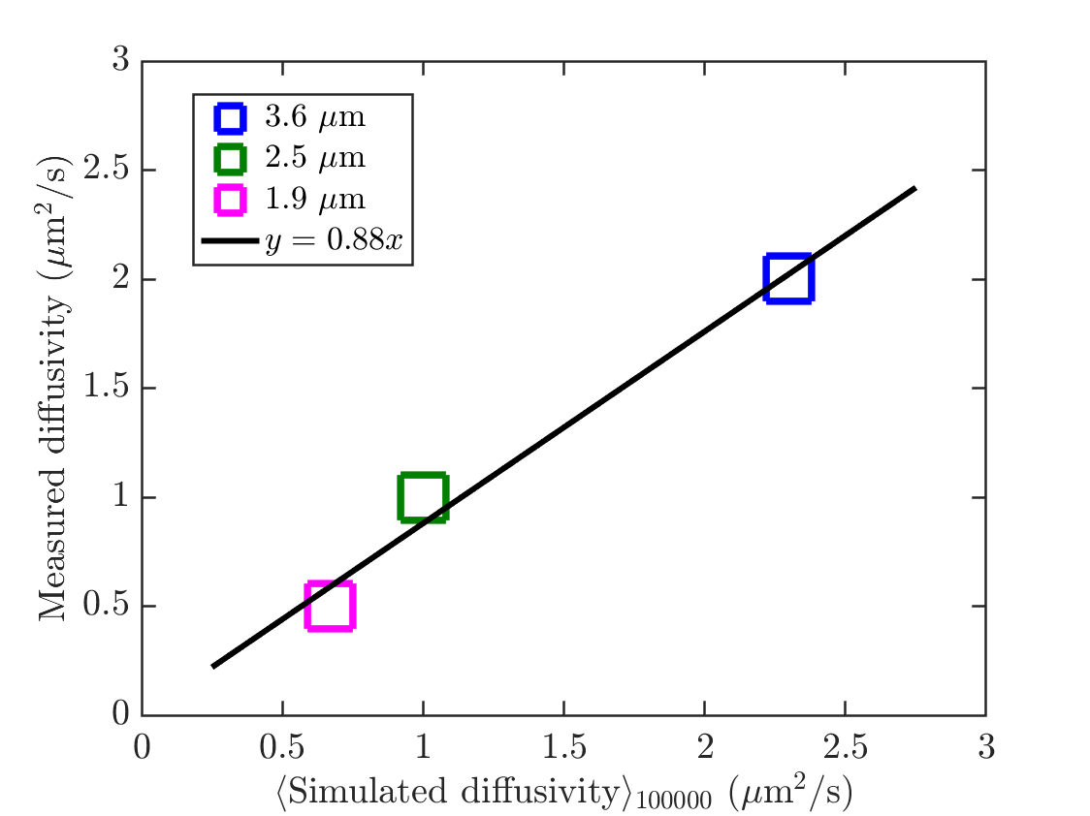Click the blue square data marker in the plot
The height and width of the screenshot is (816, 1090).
point(787,279)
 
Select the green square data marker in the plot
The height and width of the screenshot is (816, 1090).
point(423,498)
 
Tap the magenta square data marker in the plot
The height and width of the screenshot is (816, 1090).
point(330,607)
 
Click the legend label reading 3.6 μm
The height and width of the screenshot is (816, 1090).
point(315,118)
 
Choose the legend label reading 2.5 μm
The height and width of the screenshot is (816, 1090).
point(315,158)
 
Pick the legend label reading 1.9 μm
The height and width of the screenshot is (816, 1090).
point(315,200)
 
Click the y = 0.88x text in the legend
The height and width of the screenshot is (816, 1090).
point(333,242)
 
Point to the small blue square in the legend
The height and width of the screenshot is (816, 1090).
point(230,118)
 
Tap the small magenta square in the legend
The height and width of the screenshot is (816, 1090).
point(230,200)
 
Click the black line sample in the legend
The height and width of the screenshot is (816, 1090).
point(230,241)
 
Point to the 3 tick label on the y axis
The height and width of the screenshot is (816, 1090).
point(120,61)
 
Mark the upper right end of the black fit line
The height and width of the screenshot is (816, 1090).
point(914,189)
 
